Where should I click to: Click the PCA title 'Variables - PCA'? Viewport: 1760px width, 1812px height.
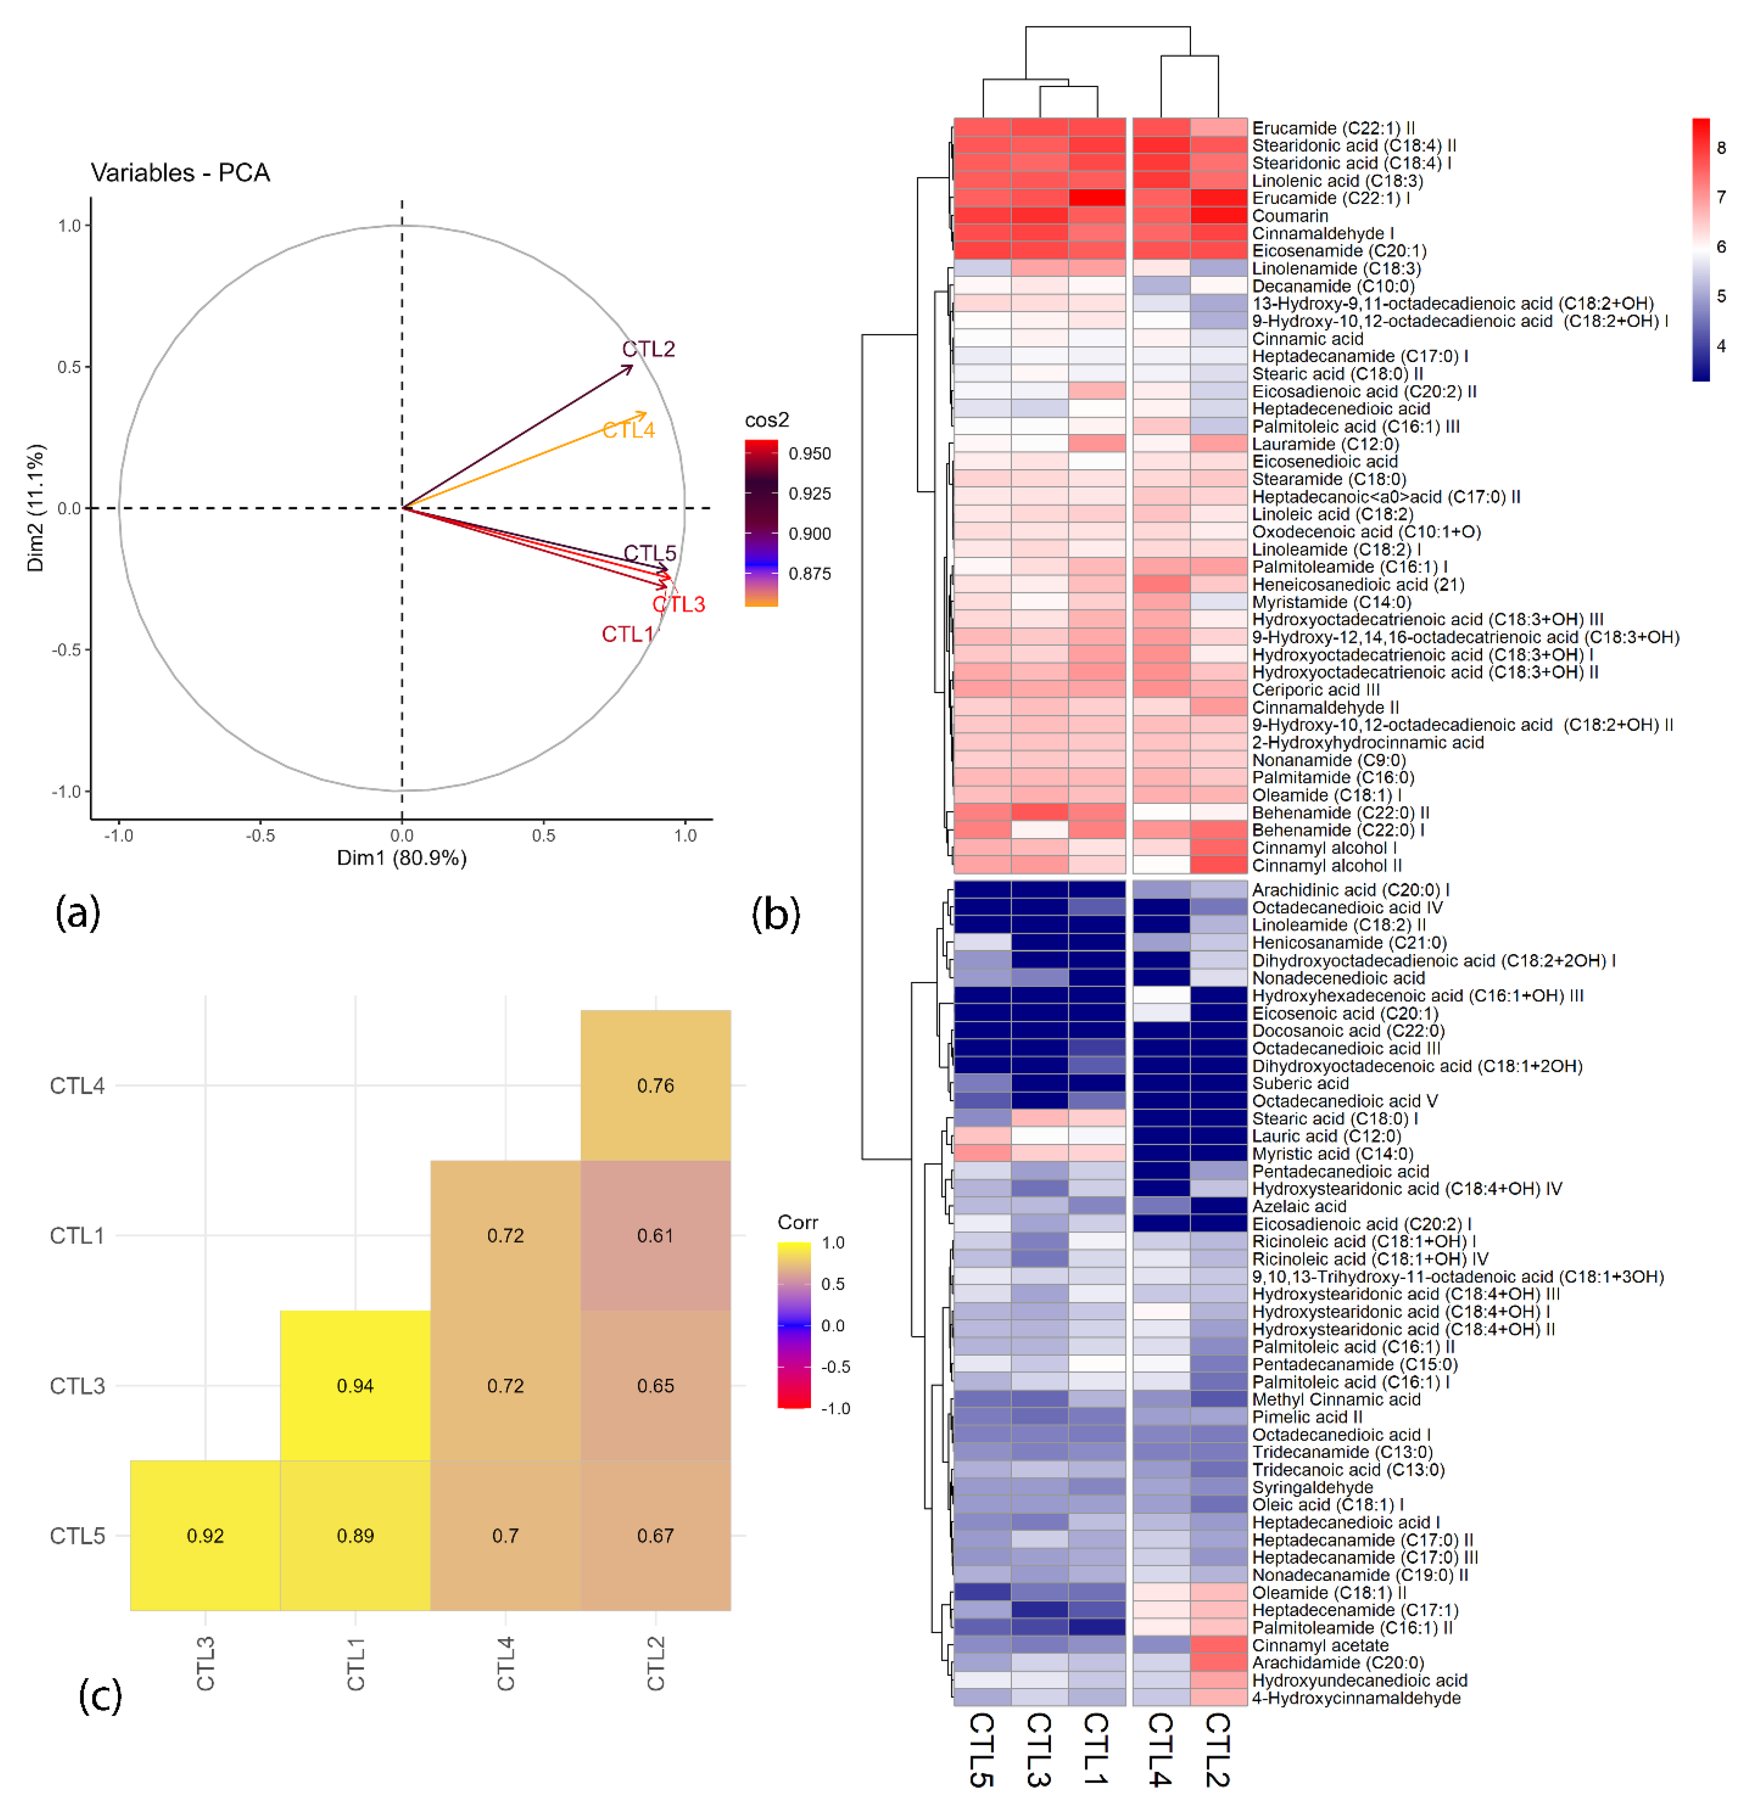click(180, 173)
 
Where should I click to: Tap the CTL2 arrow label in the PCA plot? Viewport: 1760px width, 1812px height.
click(648, 349)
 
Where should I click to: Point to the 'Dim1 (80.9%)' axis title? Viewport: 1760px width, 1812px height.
click(401, 858)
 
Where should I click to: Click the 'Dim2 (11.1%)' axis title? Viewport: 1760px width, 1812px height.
click(35, 508)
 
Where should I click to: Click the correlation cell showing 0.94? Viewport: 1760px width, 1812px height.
click(355, 1385)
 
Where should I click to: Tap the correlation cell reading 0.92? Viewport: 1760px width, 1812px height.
click(205, 1536)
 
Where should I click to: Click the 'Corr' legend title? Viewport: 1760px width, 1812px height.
click(797, 1222)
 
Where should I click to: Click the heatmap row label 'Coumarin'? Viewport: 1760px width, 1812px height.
click(1289, 216)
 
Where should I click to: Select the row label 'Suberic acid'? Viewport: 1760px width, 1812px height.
click(1300, 1083)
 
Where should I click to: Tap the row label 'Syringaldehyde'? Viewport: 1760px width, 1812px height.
click(1312, 1487)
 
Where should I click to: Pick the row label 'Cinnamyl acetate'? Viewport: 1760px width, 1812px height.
click(1320, 1645)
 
